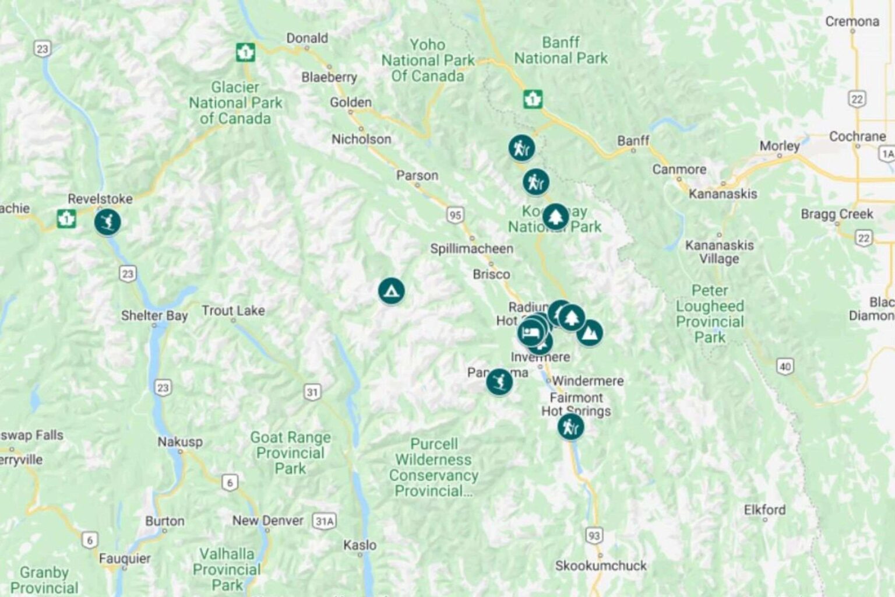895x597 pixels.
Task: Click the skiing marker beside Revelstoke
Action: (107, 222)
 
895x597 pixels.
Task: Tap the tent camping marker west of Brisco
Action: (391, 290)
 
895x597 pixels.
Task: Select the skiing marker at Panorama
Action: (499, 382)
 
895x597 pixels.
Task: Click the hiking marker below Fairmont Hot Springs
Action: (570, 427)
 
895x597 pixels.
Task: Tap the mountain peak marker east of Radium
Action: (590, 333)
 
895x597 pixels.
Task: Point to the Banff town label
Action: (633, 141)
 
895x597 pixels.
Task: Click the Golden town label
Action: (350, 102)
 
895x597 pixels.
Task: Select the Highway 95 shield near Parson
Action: (456, 215)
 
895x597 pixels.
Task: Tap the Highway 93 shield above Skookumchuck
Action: (594, 535)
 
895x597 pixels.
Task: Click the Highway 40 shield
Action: (785, 366)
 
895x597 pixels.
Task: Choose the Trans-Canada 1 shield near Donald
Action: (245, 52)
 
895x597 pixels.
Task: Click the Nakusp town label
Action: (180, 441)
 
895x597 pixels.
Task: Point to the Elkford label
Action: (764, 510)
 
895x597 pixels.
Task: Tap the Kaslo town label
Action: (360, 545)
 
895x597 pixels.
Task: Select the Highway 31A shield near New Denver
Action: (324, 521)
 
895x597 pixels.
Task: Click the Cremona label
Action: (852, 22)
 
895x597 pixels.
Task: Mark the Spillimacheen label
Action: (471, 248)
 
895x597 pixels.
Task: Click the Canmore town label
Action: (679, 169)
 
